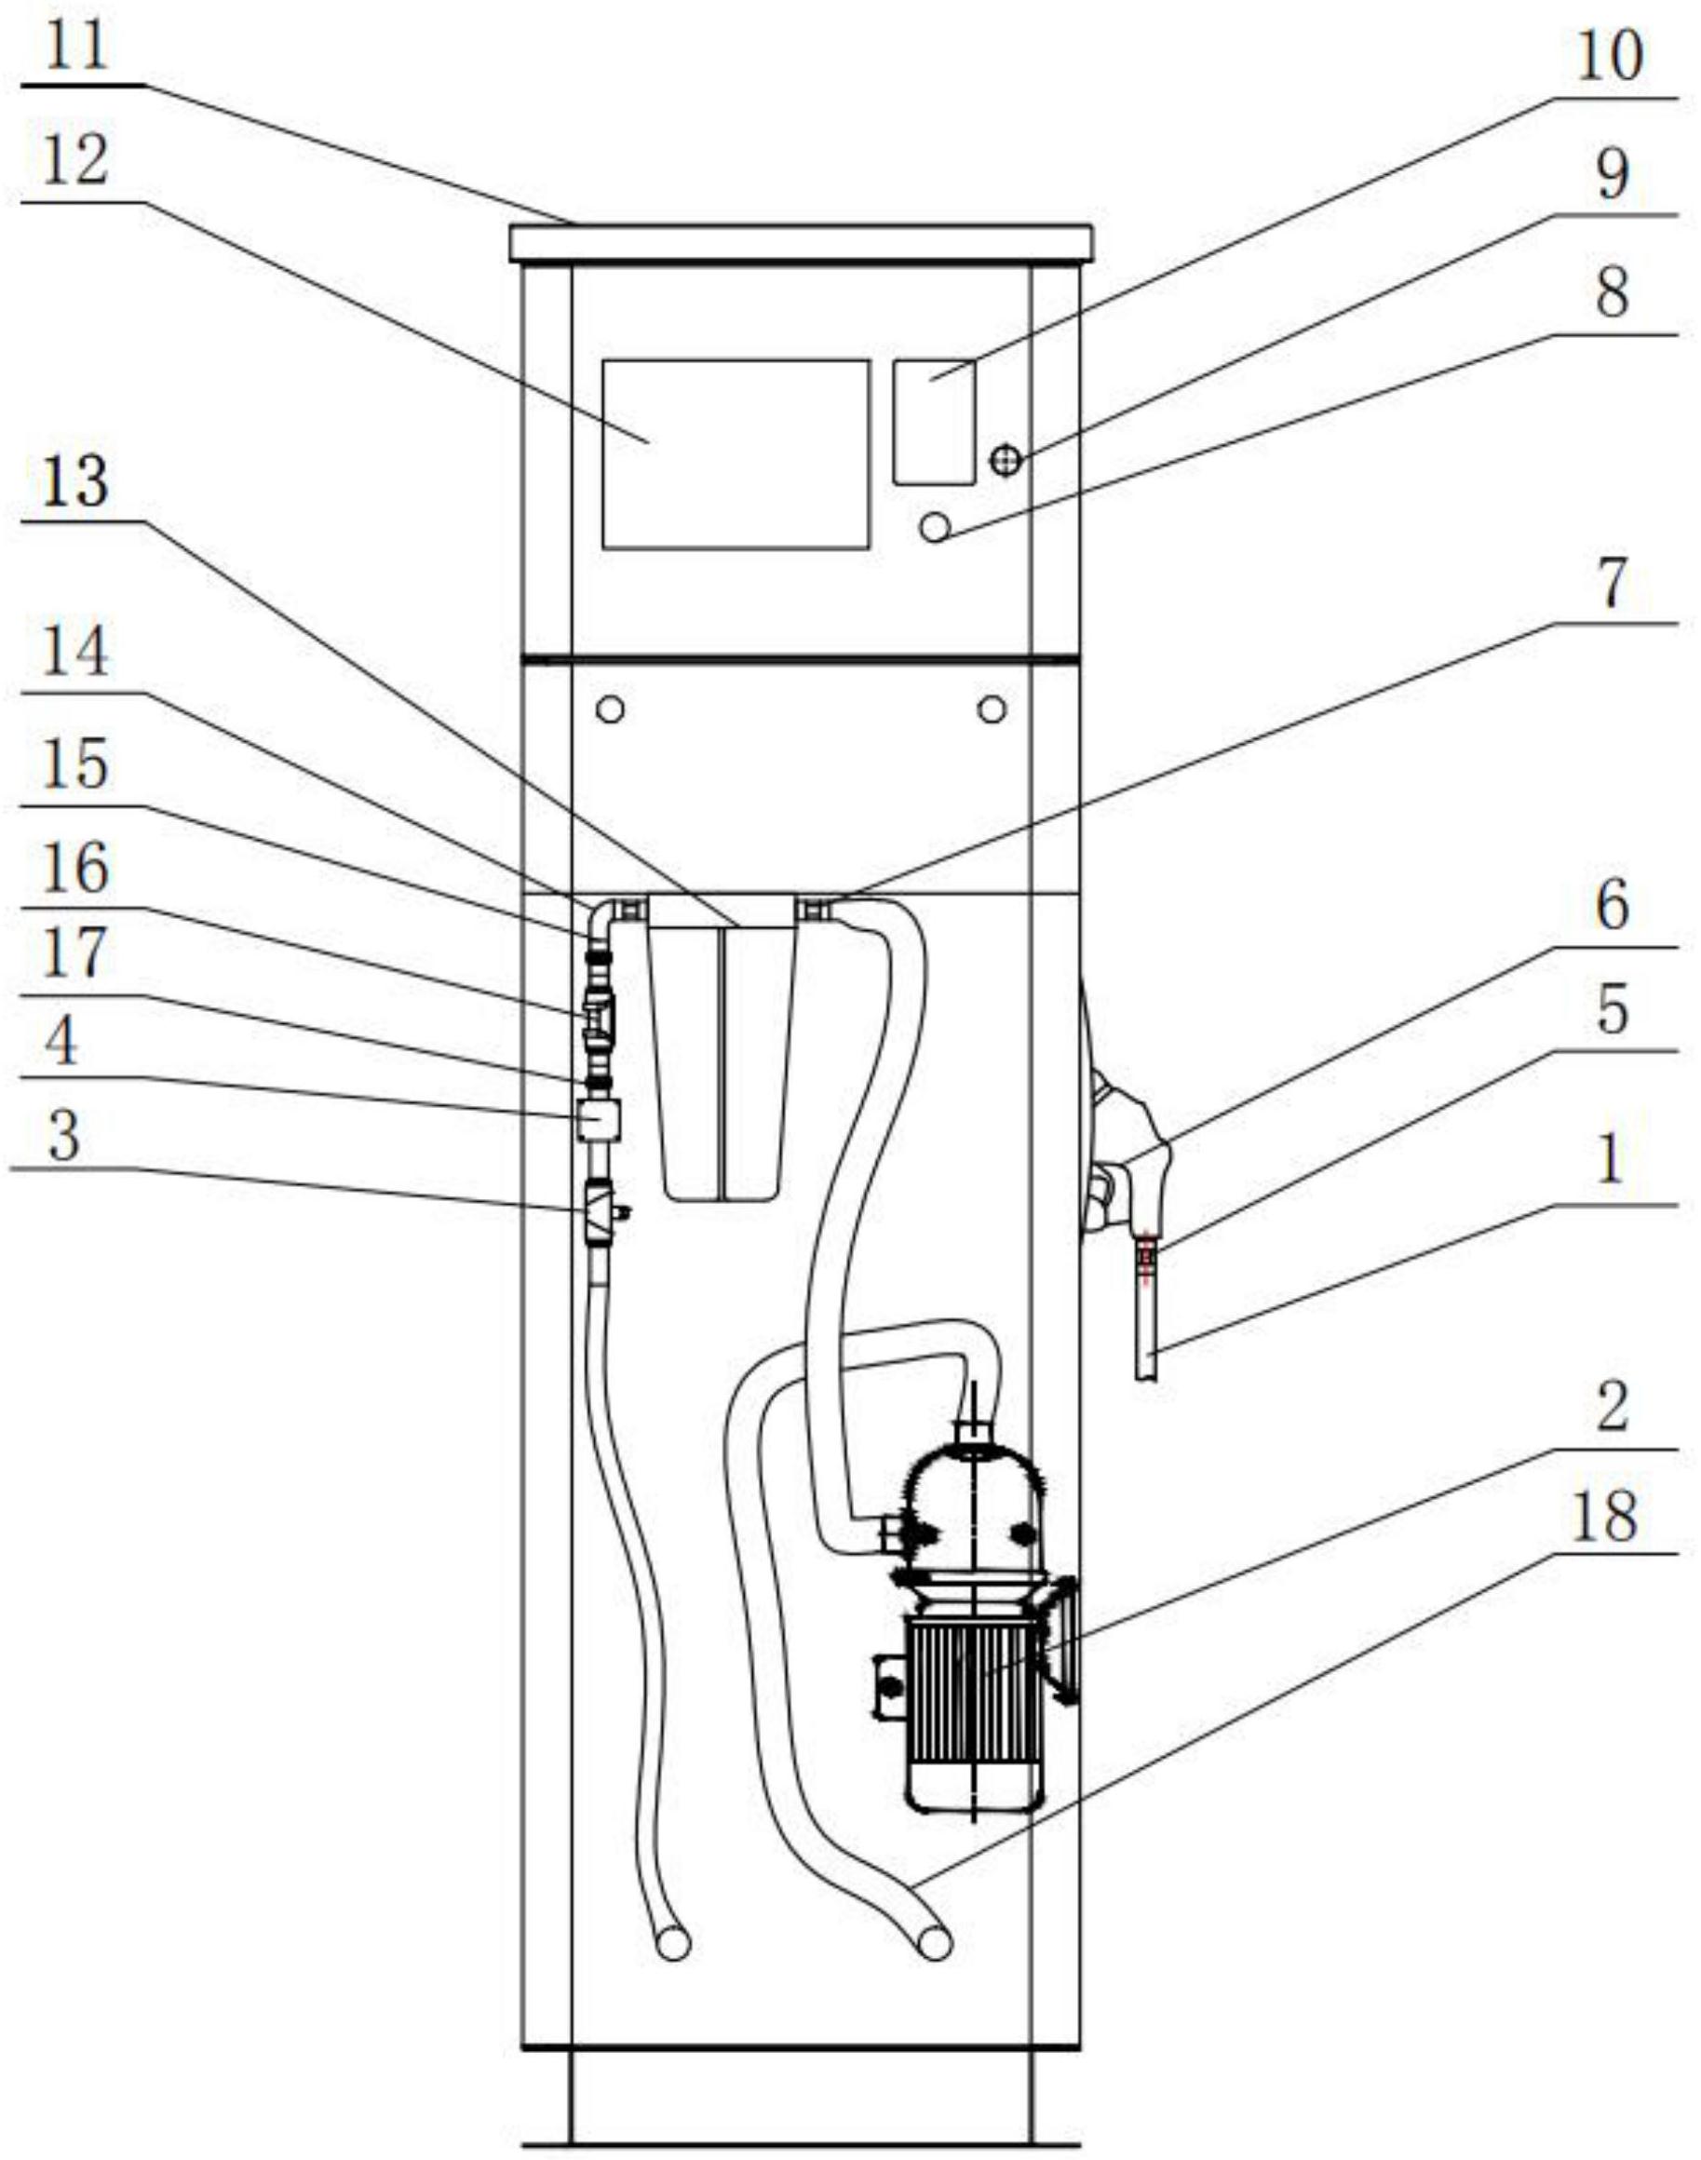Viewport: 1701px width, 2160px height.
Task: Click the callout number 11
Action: tap(77, 47)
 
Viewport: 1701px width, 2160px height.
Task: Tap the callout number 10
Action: tap(1609, 56)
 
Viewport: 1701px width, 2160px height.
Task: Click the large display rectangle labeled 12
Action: tap(736, 454)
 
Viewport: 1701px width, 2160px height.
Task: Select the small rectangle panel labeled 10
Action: tap(934, 423)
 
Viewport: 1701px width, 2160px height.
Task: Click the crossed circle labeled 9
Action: tap(1006, 460)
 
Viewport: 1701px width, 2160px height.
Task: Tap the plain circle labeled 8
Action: tap(935, 526)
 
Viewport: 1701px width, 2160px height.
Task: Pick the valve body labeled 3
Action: tap(599, 1210)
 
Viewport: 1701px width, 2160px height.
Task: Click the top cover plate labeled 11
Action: tap(801, 243)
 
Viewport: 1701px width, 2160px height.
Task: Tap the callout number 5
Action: tap(1613, 1010)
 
